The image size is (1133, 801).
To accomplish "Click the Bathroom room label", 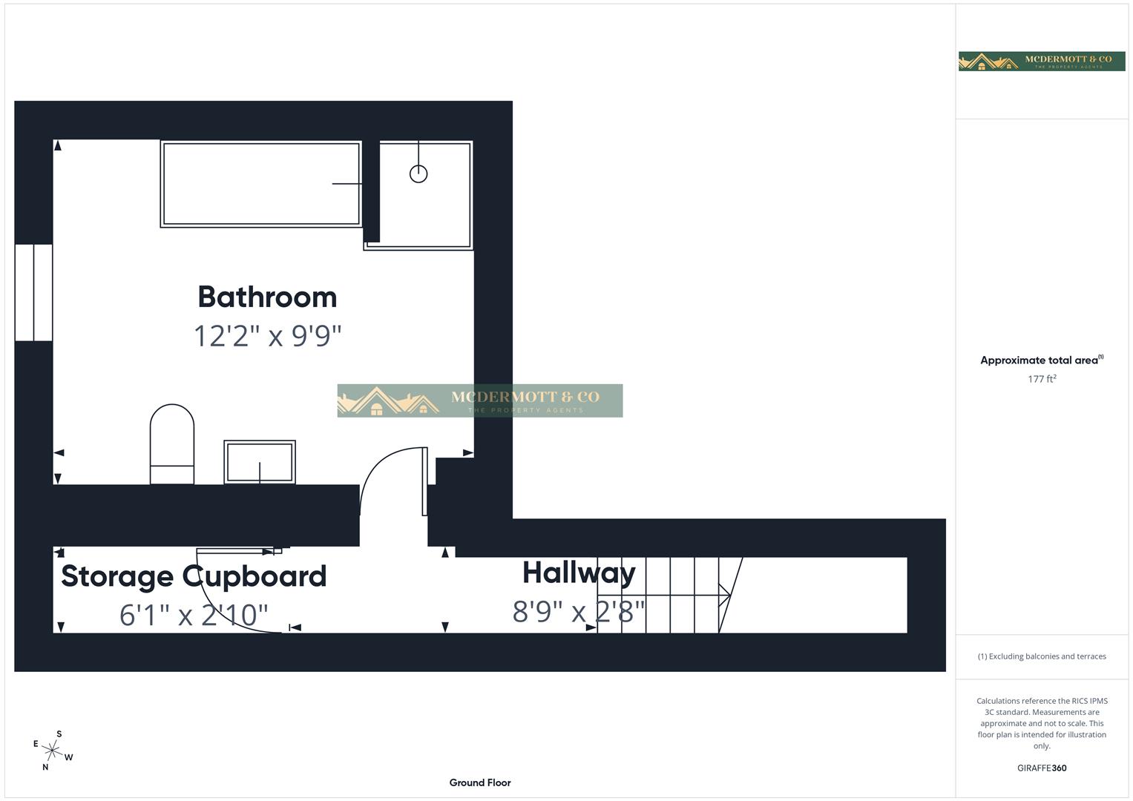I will coord(267,297).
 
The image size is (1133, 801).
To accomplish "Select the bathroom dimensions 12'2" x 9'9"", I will coord(267,336).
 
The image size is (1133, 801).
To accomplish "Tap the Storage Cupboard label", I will coord(194,576).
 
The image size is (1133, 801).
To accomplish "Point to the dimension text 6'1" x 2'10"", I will coord(194,615).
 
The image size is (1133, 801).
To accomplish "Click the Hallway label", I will coord(579,573).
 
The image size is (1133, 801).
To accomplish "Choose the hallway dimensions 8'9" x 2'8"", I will coord(579,612).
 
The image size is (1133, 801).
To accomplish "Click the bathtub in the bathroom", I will coord(261,184).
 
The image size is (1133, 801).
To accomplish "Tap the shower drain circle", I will coord(418,174).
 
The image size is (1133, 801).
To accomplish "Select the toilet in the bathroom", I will coord(172,444).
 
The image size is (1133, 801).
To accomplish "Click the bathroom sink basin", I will coord(260,462).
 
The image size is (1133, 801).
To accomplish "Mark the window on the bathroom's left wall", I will coord(34,292).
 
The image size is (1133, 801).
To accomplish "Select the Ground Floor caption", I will coord(480,782).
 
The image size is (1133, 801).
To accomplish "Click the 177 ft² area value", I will coord(1042,379).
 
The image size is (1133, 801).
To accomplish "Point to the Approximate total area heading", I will coord(1040,360).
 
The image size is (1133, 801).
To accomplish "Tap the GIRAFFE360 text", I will coord(1042,768).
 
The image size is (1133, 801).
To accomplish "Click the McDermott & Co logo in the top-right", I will coord(1042,61).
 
